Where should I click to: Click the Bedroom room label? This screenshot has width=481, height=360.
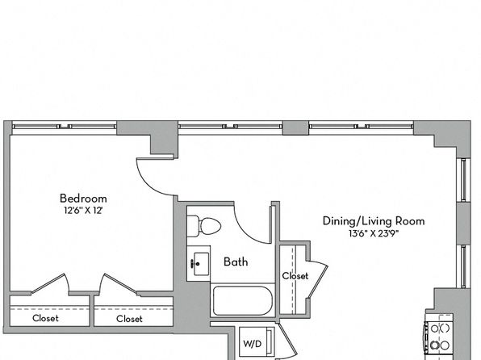[83, 199]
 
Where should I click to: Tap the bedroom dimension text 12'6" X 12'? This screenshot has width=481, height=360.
[83, 211]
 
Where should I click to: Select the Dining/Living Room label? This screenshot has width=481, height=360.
[374, 221]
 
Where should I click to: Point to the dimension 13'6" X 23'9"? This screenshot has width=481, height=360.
[374, 233]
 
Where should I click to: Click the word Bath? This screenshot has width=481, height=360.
[236, 262]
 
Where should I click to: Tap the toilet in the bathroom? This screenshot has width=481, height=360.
[203, 227]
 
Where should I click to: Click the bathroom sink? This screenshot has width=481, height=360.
[199, 264]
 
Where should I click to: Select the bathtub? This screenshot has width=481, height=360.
[243, 301]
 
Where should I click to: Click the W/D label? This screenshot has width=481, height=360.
[253, 344]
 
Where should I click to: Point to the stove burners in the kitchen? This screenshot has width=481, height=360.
[440, 337]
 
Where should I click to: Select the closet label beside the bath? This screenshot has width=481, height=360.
[295, 276]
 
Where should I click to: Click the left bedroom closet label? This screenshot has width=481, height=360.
[45, 318]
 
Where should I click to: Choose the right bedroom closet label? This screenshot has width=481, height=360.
[129, 319]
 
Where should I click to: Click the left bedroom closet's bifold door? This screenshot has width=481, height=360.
[50, 284]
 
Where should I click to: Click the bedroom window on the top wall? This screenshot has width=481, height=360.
[64, 126]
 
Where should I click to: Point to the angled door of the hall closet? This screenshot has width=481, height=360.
[318, 279]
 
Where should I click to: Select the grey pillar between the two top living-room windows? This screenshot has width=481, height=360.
[295, 128]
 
